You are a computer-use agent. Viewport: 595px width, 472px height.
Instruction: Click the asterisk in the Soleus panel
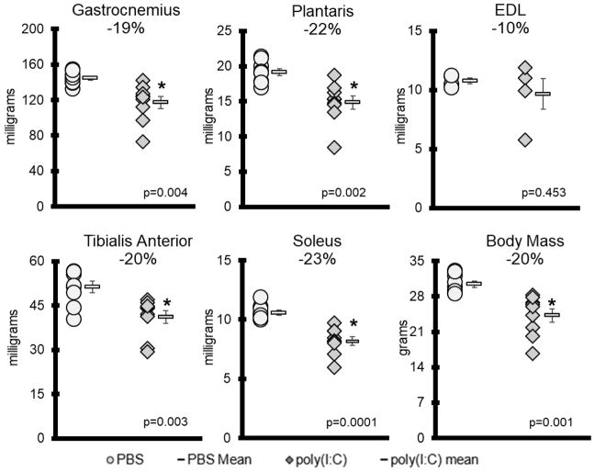pyautogui.click(x=354, y=324)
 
